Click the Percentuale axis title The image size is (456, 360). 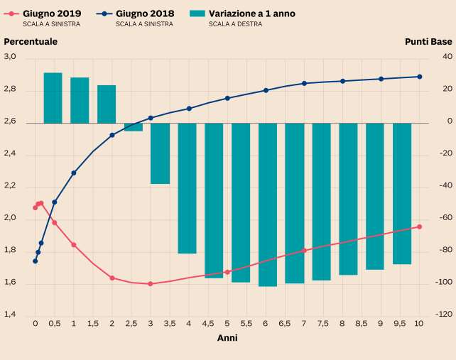pos(31,41)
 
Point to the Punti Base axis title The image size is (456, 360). pos(428,41)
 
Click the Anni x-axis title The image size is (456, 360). pos(227,338)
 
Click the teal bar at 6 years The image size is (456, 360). pos(268,204)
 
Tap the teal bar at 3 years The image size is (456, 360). pos(160,153)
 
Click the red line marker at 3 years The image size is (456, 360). pos(151,283)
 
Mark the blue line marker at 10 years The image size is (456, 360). pos(419,77)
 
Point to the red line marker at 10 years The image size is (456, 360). pos(419,227)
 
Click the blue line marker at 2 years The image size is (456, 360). pos(112,135)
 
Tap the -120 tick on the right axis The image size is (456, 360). pos(445,315)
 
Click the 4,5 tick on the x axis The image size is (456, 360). pos(208,323)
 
